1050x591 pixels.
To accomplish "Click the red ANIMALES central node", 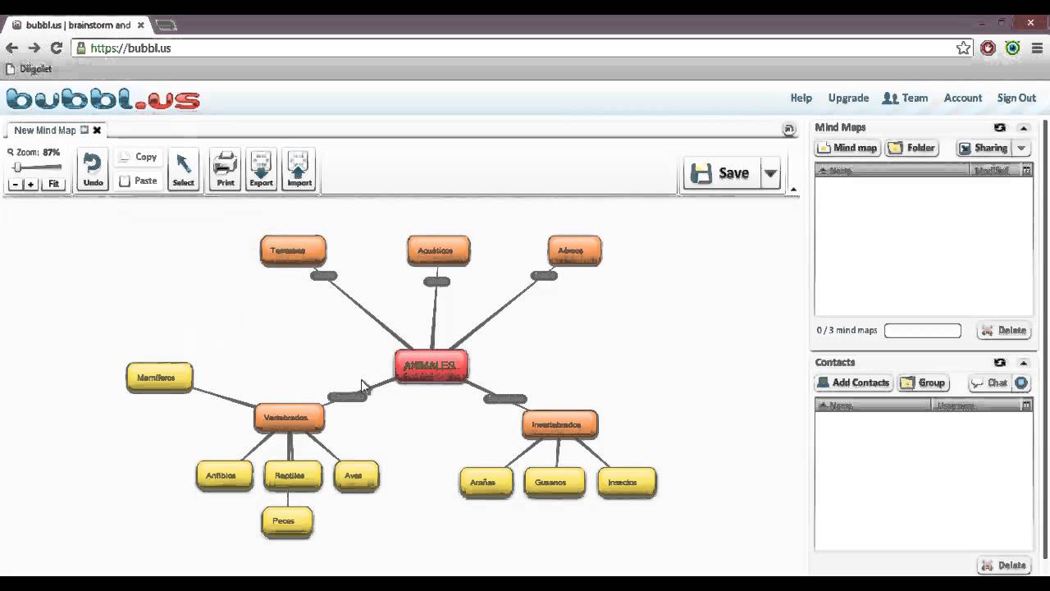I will coord(431,365).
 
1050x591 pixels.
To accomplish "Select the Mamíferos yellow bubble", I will coord(159,378).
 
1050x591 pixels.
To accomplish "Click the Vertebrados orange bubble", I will coord(289,417).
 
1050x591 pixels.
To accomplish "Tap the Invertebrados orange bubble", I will coord(559,424).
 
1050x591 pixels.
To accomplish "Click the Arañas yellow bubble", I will coord(486,482).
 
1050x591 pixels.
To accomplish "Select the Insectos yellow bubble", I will coord(627,482).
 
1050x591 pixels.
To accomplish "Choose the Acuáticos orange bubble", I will coord(438,250).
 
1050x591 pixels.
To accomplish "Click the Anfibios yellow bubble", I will coord(224,475).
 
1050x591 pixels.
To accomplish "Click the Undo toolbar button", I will coord(93,170).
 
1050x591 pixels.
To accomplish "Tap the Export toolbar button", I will coord(261,170).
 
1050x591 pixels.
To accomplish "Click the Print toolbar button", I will coord(225,170).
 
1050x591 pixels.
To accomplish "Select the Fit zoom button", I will coord(53,184).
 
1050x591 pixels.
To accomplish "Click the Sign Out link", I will coord(1016,98).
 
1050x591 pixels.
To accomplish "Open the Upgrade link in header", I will coord(848,98).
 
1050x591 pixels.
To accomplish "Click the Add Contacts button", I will coord(852,383).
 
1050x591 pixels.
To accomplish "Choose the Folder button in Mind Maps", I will coord(911,148).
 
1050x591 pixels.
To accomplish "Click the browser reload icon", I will coord(56,48).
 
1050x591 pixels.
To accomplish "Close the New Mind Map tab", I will coord(97,130).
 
